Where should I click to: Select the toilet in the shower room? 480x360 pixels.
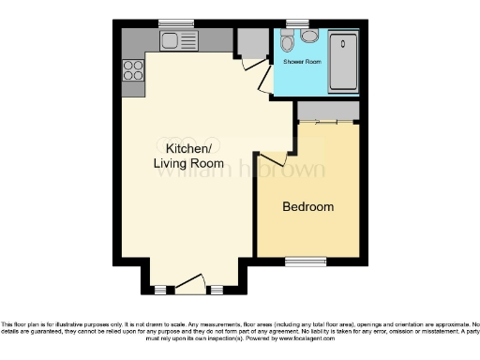tap(288, 43)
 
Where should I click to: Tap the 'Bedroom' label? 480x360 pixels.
tap(307, 206)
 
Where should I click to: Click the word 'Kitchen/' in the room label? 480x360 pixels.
tap(188, 150)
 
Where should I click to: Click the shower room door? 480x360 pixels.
tap(265, 84)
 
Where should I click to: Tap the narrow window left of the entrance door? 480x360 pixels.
tap(160, 288)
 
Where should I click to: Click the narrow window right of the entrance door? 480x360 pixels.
tap(217, 288)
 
